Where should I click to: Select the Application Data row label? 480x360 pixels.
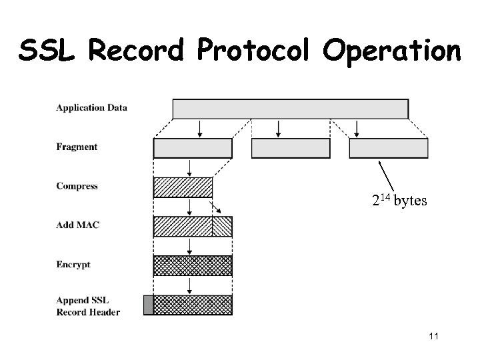click(x=92, y=107)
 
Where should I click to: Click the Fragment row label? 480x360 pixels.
click(x=77, y=147)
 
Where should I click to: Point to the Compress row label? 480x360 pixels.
click(x=77, y=186)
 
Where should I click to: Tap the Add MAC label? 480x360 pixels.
click(x=78, y=225)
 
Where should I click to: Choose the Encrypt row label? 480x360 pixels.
click(x=73, y=264)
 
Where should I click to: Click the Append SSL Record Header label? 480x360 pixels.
click(x=88, y=306)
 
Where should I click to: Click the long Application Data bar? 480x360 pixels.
click(x=290, y=109)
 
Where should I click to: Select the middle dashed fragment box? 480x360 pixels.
click(x=290, y=148)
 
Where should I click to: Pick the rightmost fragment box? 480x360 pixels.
click(x=389, y=148)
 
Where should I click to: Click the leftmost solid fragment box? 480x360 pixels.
click(x=193, y=148)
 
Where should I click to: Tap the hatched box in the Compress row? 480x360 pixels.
click(x=183, y=187)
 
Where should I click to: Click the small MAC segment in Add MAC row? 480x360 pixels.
click(x=222, y=227)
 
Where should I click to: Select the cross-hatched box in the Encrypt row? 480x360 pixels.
click(x=193, y=265)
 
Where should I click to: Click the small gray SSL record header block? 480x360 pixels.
click(x=148, y=305)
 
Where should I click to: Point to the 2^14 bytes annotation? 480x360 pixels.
click(x=398, y=201)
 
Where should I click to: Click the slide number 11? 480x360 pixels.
click(x=433, y=336)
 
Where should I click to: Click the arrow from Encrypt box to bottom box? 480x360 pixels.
click(x=191, y=285)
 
